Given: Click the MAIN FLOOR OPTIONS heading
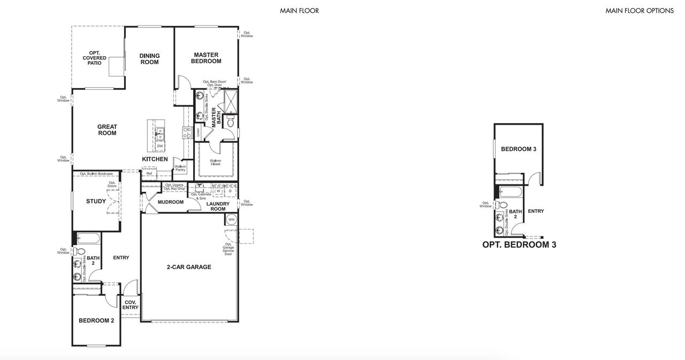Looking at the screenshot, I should pos(639,11).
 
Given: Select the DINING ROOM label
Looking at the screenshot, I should pos(149,59).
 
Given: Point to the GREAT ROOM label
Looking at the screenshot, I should pos(107,130).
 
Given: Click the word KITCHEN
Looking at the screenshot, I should pos(155,159).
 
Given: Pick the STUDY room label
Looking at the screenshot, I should pos(96,202).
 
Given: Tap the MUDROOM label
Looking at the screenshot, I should pos(171,202).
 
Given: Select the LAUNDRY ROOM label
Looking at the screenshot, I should pos(218,206).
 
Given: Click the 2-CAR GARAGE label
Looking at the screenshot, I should pos(188,267).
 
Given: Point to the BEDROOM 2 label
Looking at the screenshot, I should pos(96,321).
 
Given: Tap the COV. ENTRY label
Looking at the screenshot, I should pos(131,305).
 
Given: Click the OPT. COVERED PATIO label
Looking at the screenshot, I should pos(94,58).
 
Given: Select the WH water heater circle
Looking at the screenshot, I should pos(231,219).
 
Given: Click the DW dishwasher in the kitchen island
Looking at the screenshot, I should pos(159,146).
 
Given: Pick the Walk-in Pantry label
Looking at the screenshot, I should pos(180,168).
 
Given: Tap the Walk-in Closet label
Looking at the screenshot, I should pos(216,162).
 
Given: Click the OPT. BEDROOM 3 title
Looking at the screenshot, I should pos(519,245).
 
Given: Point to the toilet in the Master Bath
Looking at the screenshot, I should pos(231,122).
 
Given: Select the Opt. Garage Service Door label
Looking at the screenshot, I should pos(229,249).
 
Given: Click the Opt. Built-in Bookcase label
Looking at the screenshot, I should pos(96,174).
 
